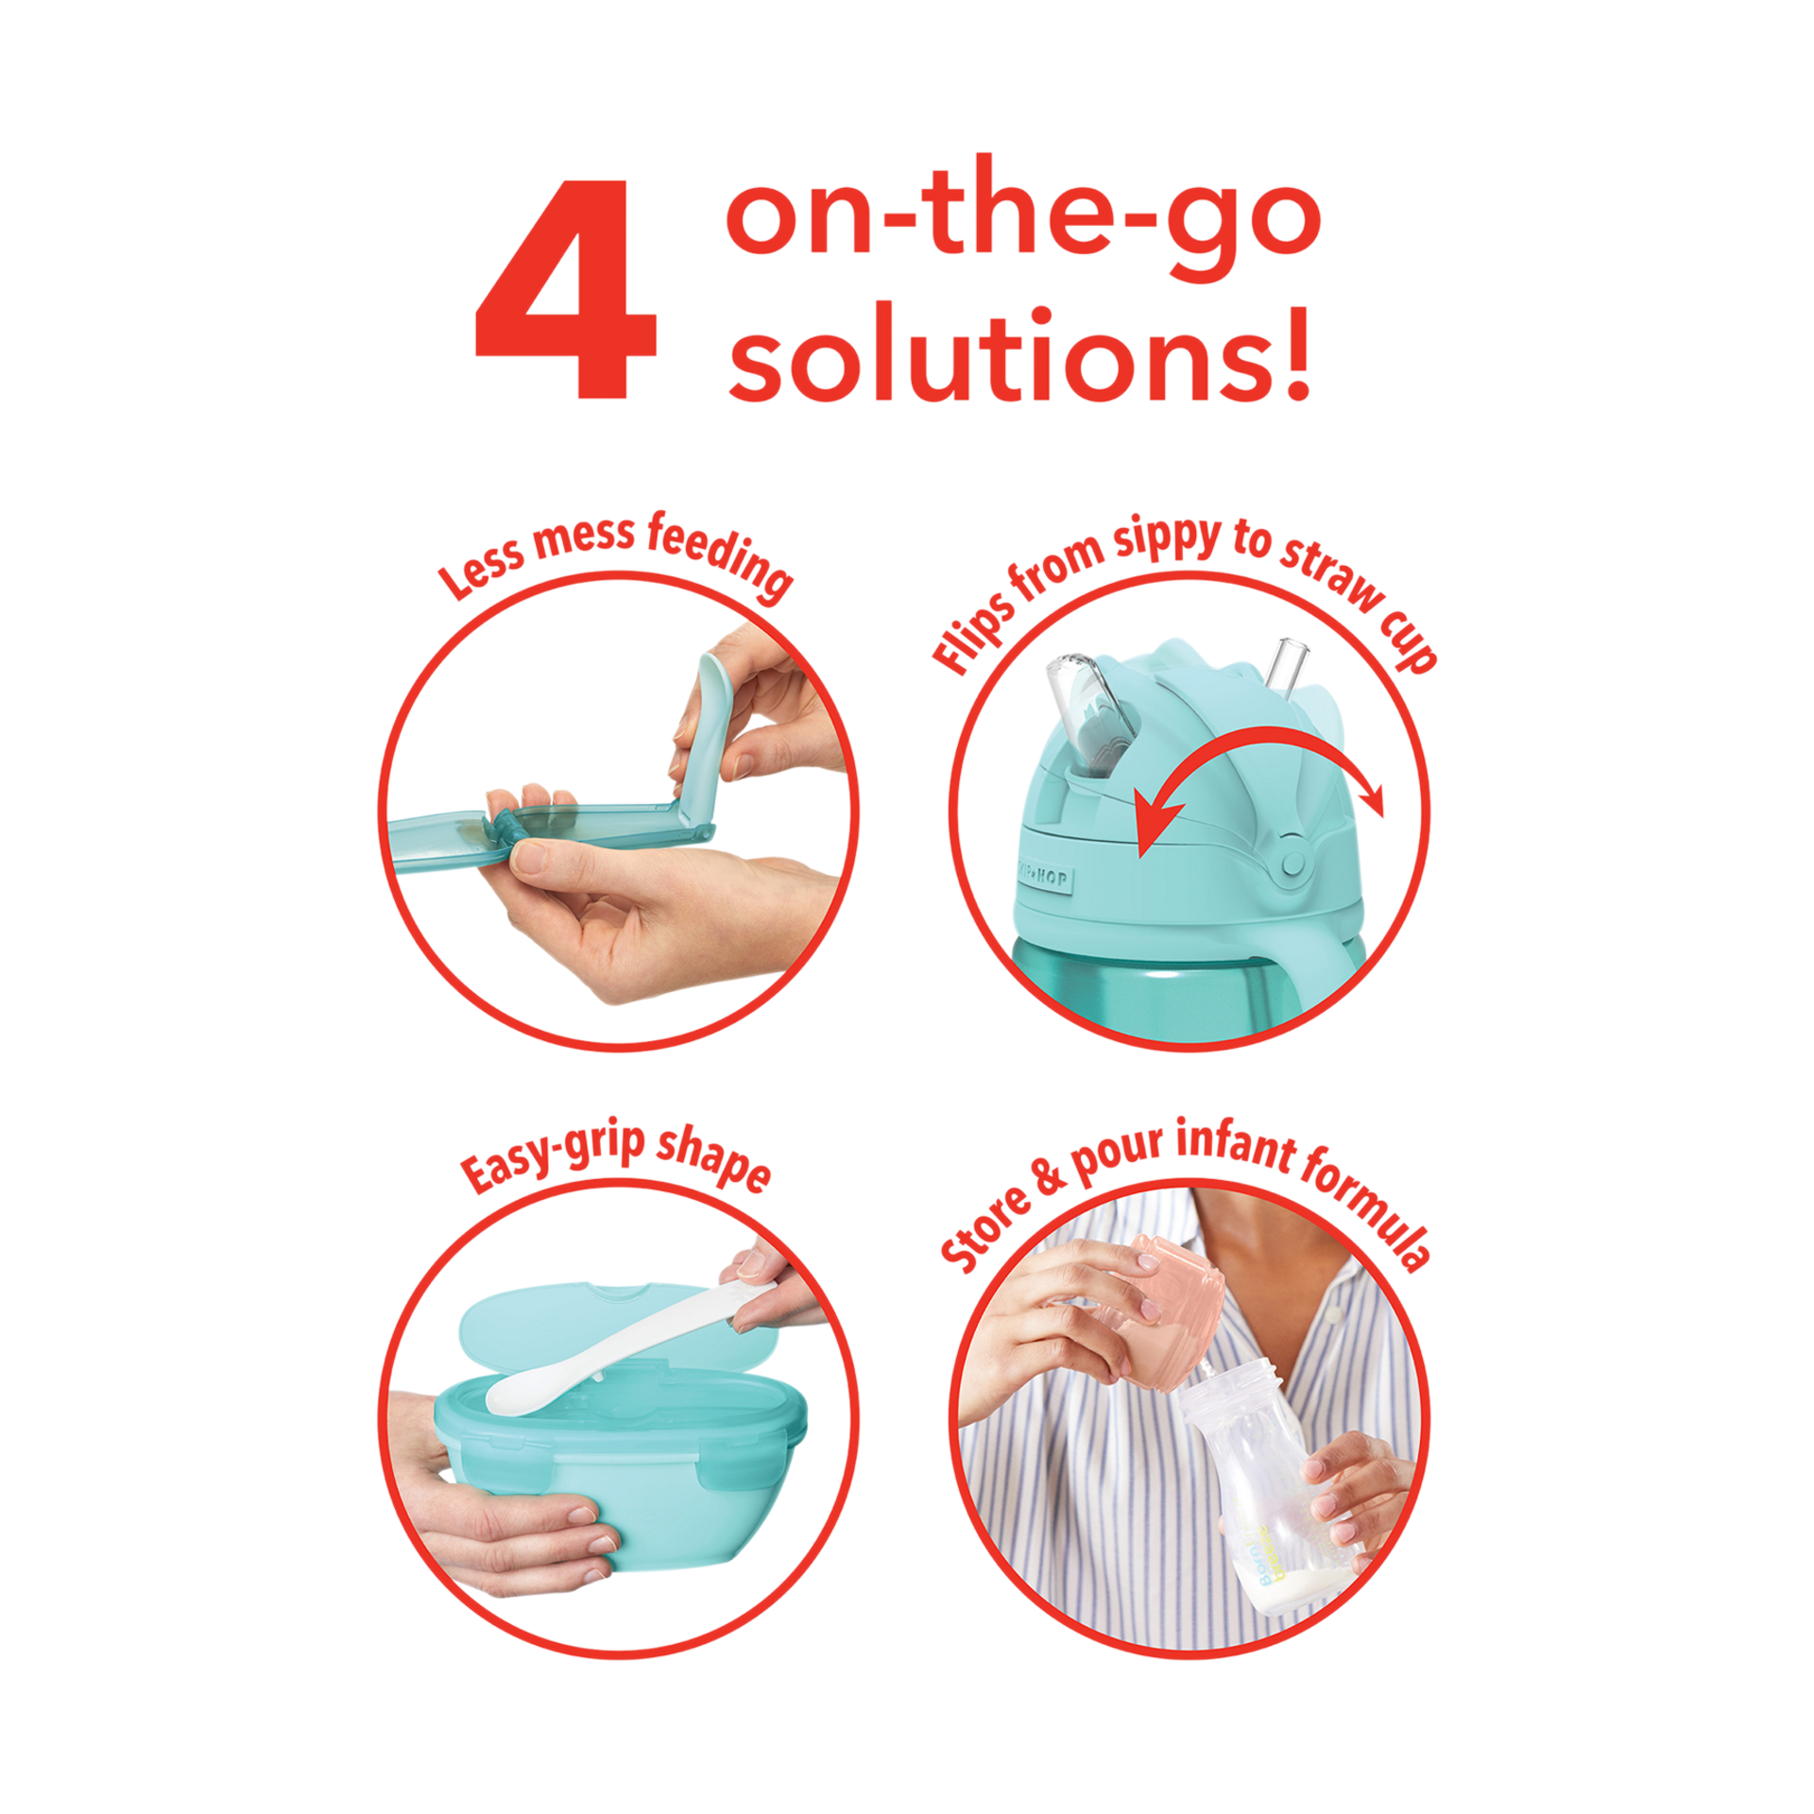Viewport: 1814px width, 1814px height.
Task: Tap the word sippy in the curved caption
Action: point(1168,540)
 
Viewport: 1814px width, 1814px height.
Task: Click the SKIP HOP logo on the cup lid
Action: point(1045,878)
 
